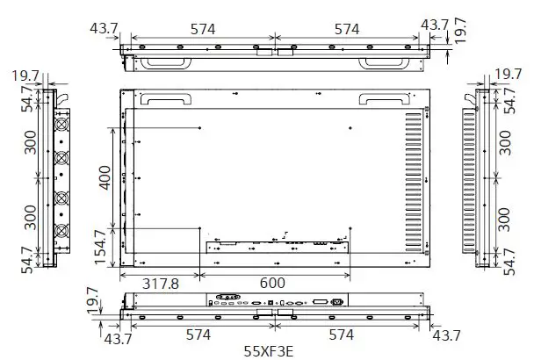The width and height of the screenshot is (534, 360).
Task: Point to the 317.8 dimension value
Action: click(x=160, y=284)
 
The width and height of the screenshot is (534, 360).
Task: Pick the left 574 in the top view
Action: click(x=203, y=29)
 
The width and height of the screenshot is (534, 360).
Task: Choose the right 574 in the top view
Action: click(x=347, y=29)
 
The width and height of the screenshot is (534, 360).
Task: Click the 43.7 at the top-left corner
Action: click(x=105, y=29)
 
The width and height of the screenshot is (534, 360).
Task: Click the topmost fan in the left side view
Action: click(x=62, y=125)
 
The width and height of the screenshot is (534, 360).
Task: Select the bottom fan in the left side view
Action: click(x=62, y=231)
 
